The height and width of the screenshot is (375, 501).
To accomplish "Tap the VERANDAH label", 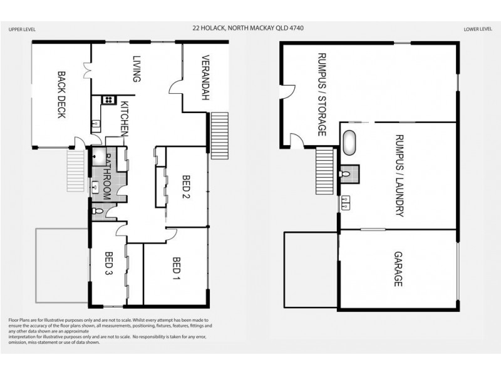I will (x=204, y=78).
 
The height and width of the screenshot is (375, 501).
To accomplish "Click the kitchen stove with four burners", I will (x=107, y=99).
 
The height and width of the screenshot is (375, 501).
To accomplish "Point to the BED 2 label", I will (x=186, y=187).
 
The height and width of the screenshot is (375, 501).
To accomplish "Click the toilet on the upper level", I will (x=96, y=213).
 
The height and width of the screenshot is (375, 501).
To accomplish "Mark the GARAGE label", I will (x=397, y=269).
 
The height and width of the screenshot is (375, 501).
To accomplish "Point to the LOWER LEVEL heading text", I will (x=478, y=29).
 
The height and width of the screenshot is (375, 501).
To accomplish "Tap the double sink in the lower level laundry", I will (x=345, y=201).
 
